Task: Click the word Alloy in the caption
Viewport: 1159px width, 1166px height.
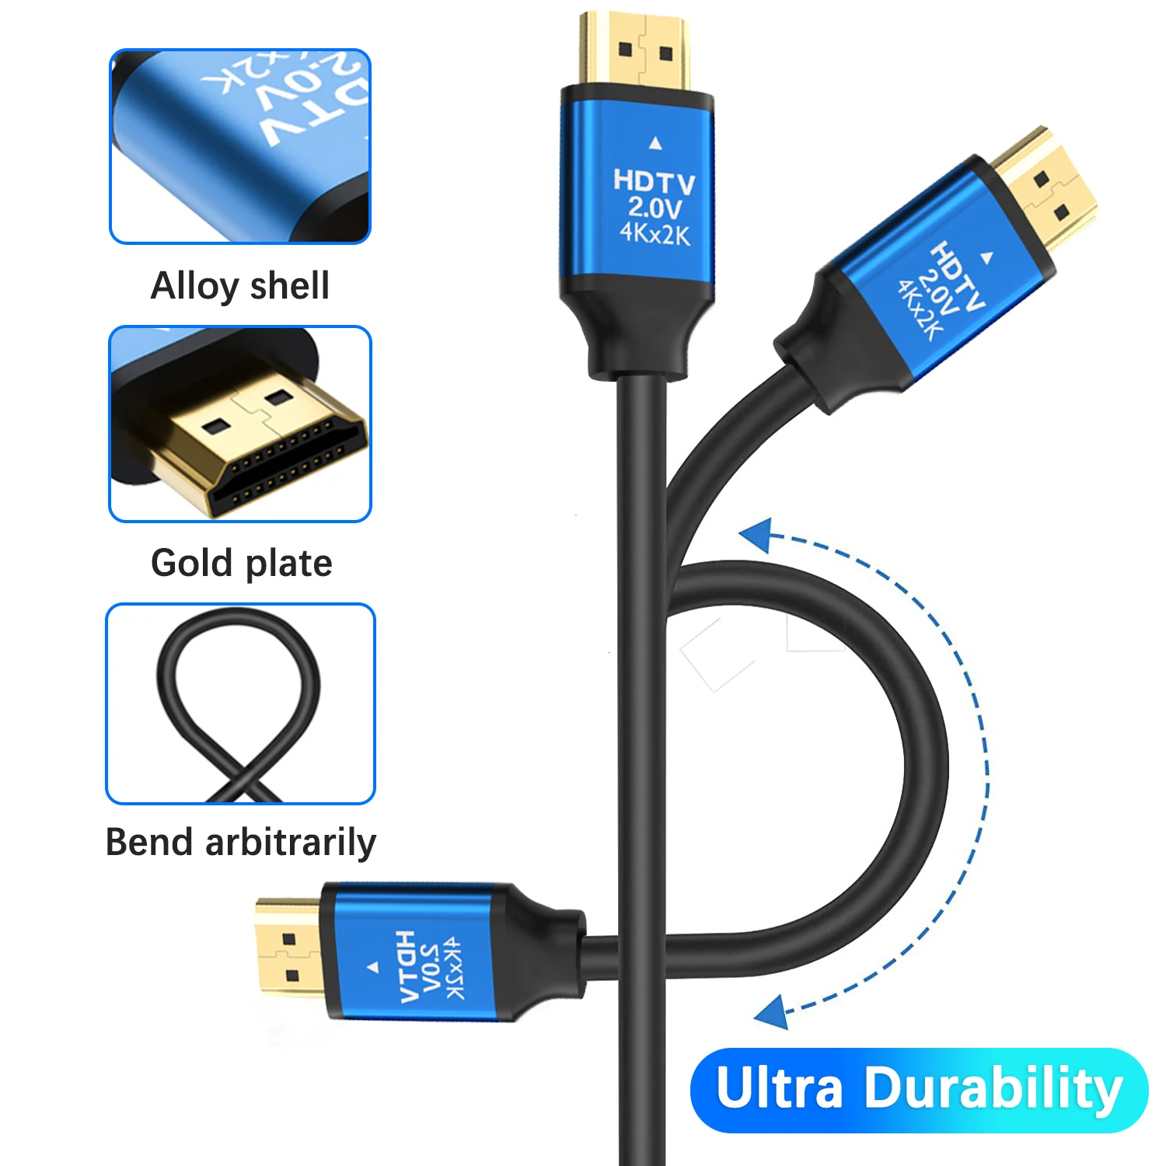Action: click(195, 287)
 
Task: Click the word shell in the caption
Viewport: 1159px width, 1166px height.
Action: click(290, 285)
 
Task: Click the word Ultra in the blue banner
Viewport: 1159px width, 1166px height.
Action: click(779, 1089)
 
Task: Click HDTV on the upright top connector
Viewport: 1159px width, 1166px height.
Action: click(654, 183)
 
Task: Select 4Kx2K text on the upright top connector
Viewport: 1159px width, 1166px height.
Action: click(655, 233)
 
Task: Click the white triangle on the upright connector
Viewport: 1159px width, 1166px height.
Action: click(655, 143)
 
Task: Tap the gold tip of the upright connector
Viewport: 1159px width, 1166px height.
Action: click(634, 51)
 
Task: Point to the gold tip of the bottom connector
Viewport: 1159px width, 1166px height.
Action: click(287, 948)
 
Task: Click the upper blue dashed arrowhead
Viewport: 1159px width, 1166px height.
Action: click(755, 536)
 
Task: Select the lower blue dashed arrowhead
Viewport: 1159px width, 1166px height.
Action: click(772, 1012)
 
